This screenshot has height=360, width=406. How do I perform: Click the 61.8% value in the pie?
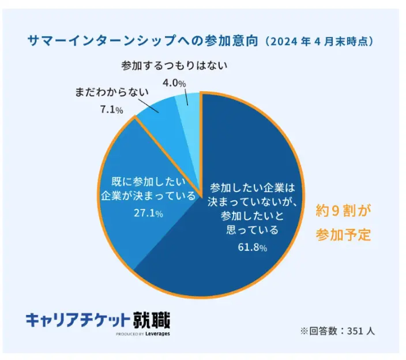[252, 247]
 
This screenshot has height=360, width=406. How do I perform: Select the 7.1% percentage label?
[107, 108]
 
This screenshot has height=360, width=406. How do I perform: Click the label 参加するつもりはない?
[174, 66]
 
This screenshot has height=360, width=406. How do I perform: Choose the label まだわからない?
[111, 92]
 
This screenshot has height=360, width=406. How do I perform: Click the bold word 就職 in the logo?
[152, 319]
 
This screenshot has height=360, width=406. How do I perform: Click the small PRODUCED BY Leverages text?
[142, 333]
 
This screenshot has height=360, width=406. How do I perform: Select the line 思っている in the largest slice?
[252, 230]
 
